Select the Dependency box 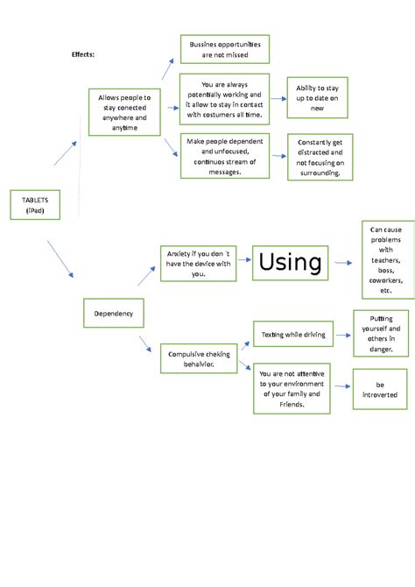pyautogui.click(x=113, y=313)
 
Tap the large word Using pyautogui.click(x=290, y=261)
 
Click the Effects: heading pyautogui.click(x=83, y=54)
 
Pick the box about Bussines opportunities pyautogui.click(x=224, y=50)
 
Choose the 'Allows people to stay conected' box pyautogui.click(x=124, y=112)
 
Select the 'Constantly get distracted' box pyautogui.click(x=320, y=157)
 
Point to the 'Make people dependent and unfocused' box pyautogui.click(x=224, y=155)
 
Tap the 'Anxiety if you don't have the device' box pyautogui.click(x=199, y=263)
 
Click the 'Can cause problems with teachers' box pyautogui.click(x=386, y=259)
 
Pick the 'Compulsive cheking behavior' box pyautogui.click(x=199, y=359)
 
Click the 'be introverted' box pyautogui.click(x=379, y=389)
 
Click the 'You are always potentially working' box pyautogui.click(x=224, y=100)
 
